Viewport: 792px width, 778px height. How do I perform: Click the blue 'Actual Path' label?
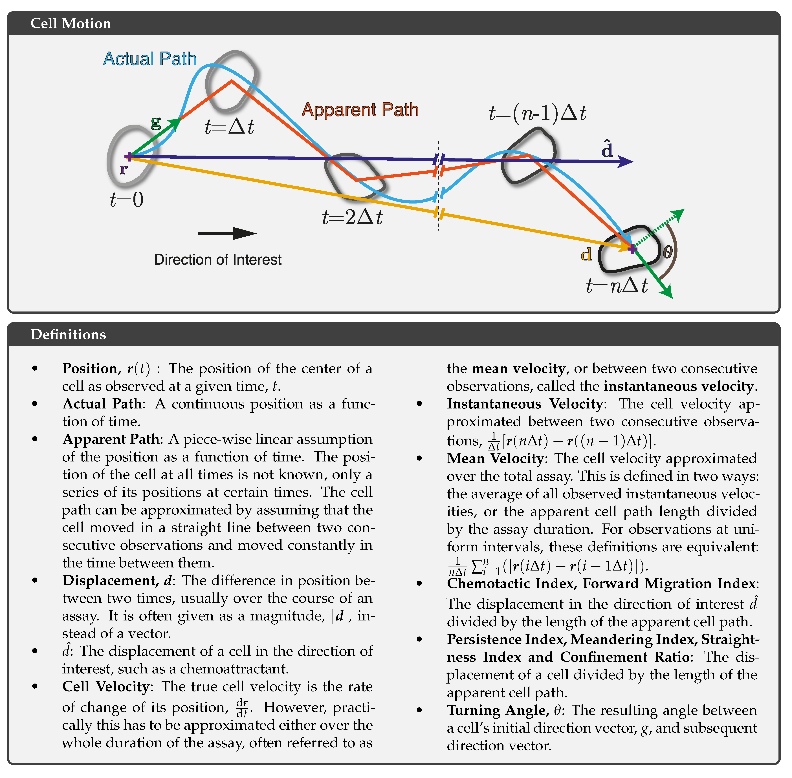click(x=149, y=59)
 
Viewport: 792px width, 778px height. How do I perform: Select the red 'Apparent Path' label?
click(x=360, y=110)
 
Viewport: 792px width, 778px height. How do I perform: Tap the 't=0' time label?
click(x=127, y=200)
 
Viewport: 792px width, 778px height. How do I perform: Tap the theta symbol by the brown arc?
click(x=667, y=252)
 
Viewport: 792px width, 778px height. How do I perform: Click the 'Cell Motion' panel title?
click(x=71, y=23)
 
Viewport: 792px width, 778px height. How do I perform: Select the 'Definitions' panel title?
click(x=68, y=334)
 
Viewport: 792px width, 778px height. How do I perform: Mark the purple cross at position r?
click(x=129, y=156)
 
